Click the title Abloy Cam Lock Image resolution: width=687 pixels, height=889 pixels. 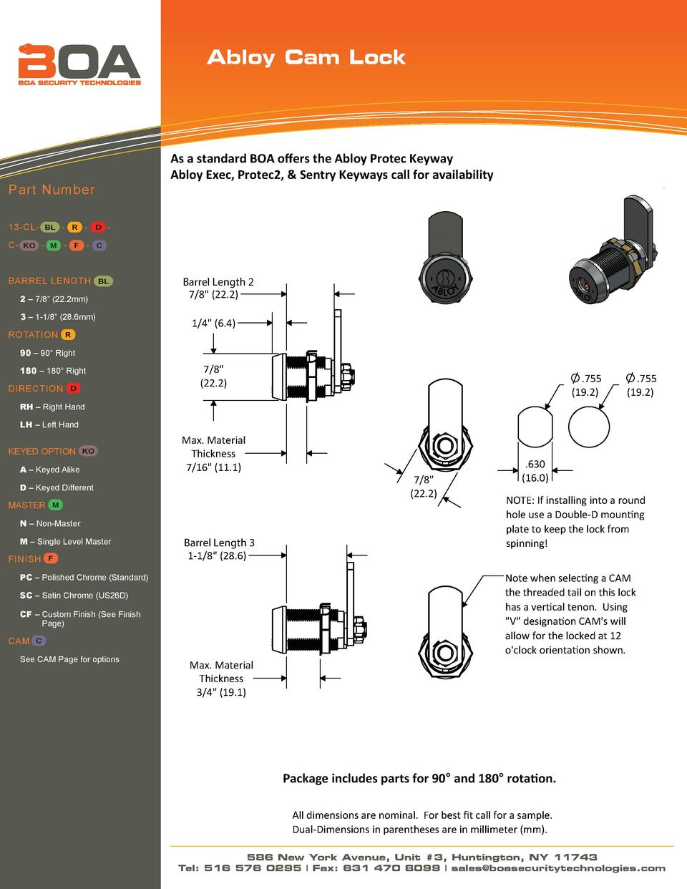click(306, 58)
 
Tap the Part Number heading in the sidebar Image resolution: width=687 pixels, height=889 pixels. click(52, 190)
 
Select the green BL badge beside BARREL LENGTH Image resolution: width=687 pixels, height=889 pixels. click(103, 281)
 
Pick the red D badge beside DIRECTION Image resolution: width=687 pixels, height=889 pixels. click(74, 389)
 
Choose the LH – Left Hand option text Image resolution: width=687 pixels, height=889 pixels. click(49, 424)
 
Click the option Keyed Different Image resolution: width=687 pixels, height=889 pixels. click(57, 487)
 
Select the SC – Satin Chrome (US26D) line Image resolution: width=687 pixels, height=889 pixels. click(74, 596)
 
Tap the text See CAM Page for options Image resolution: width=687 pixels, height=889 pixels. click(69, 659)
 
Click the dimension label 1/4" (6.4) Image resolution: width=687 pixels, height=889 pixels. click(213, 323)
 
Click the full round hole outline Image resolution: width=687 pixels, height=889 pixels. click(589, 428)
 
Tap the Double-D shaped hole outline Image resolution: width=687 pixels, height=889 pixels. click(535, 428)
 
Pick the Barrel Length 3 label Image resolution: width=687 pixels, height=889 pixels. click(219, 543)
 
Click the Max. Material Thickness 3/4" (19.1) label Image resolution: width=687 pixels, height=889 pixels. click(221, 679)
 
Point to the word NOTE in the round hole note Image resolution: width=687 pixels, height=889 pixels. click(520, 500)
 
